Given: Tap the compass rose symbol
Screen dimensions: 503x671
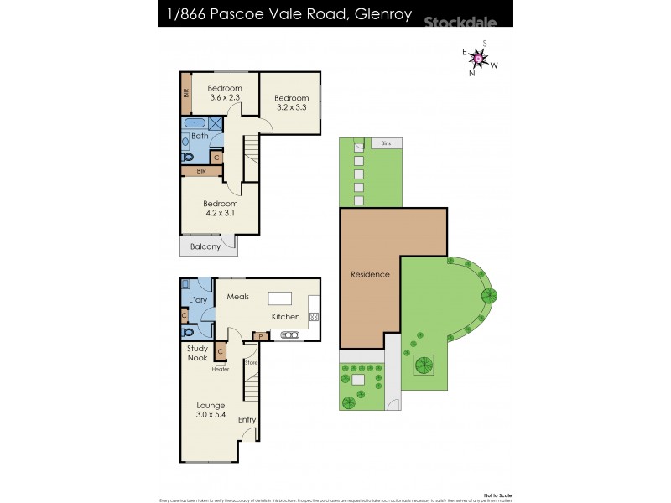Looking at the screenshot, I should click(x=479, y=58).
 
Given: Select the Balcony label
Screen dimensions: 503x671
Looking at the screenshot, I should click(x=205, y=246).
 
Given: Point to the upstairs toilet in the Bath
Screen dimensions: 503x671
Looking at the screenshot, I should click(x=187, y=155).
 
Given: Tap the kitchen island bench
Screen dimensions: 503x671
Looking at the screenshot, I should click(x=280, y=298).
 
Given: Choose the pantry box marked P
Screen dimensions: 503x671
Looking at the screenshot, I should click(x=261, y=335).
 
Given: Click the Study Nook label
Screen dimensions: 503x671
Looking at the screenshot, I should click(x=197, y=353).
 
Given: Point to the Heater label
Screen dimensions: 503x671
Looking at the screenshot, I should click(x=221, y=368).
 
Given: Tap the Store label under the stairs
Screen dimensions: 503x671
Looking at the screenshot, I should click(x=251, y=362).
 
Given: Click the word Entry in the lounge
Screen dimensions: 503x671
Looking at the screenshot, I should click(x=247, y=419).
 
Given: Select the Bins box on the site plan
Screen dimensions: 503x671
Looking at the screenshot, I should click(x=386, y=143).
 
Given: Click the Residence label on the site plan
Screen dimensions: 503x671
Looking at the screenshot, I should click(x=370, y=274).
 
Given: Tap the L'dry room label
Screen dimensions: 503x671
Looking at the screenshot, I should click(x=198, y=300).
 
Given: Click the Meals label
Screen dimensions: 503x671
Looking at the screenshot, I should click(x=237, y=297).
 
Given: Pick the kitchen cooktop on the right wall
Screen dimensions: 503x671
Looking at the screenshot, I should click(x=315, y=317).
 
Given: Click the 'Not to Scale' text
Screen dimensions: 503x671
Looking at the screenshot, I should click(x=499, y=493).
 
